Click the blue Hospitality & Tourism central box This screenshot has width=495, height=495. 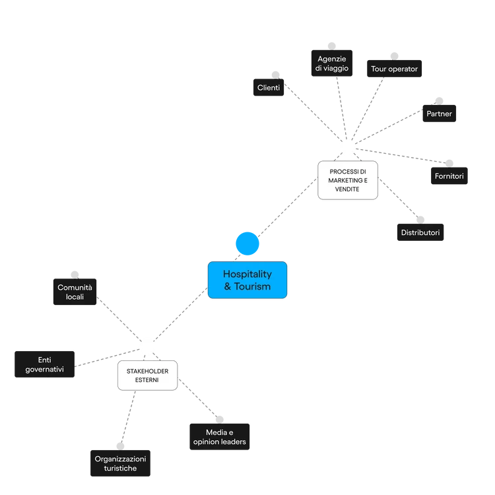247,280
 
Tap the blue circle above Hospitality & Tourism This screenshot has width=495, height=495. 247,244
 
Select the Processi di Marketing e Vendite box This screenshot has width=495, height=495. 347,180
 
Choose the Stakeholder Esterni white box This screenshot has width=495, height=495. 147,376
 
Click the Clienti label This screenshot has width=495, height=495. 268,88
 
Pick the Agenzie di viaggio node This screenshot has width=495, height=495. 332,64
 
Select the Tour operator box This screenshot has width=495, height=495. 394,69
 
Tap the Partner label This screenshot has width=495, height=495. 439,114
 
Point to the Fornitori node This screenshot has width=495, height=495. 449,177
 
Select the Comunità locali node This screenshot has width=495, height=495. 75,292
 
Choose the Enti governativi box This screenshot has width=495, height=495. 44,364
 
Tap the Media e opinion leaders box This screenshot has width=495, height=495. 218,436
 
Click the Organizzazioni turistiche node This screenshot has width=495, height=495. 119,463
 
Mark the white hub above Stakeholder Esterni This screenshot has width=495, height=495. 147,345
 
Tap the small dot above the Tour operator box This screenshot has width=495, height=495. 395,53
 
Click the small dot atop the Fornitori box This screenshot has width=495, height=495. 449,160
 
